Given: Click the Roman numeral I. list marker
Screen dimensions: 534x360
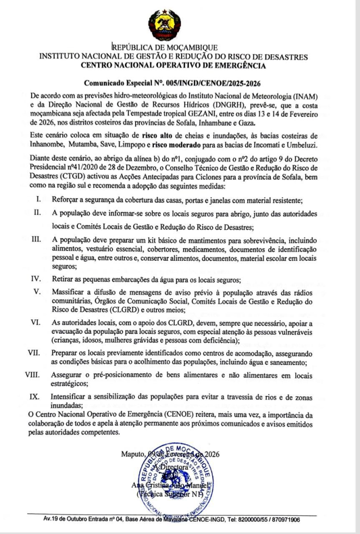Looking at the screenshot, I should pyautogui.click(x=38, y=200).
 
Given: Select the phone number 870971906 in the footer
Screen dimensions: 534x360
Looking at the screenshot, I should pyautogui.click(x=283, y=519).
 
